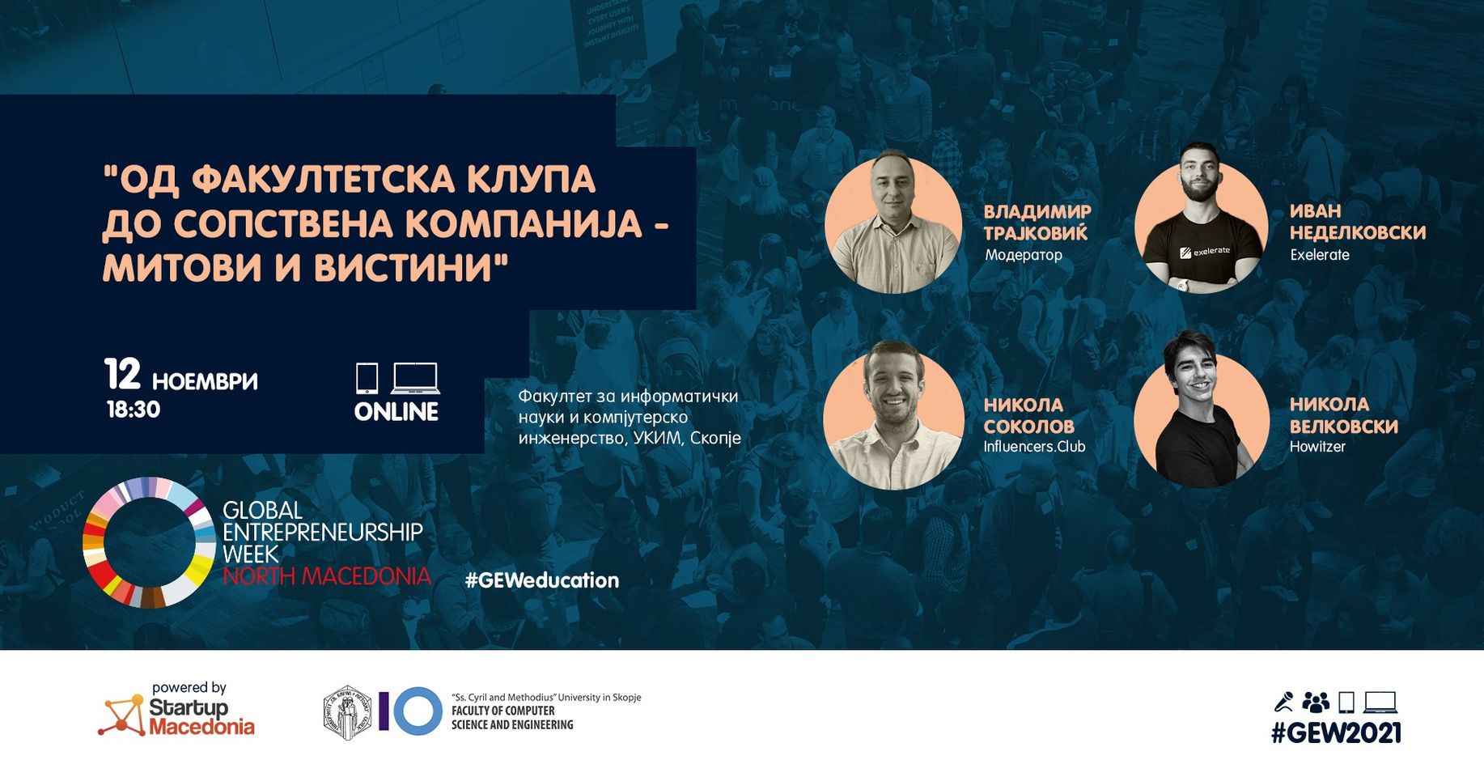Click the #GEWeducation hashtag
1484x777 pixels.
pos(542,580)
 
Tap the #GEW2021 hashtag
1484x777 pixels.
pos(1336,732)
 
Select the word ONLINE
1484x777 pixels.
pos(396,412)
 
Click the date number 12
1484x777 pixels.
pos(122,374)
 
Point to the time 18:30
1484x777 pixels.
pos(134,410)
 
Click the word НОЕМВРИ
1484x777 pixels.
pos(205,381)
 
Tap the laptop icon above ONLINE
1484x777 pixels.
pos(415,378)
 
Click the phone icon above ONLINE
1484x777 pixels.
pos(367,378)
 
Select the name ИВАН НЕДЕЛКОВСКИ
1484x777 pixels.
pos(1358,222)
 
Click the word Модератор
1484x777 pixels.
pos(1024,255)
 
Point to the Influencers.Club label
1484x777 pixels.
pos(1034,447)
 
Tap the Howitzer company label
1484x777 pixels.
pos(1317,447)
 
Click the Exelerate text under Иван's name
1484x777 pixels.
pos(1320,255)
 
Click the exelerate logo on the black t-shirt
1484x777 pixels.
pos(1205,252)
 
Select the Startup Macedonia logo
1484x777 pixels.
pos(176,710)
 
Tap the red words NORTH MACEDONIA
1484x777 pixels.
pos(327,576)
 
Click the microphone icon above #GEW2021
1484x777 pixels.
pos(1283,702)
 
